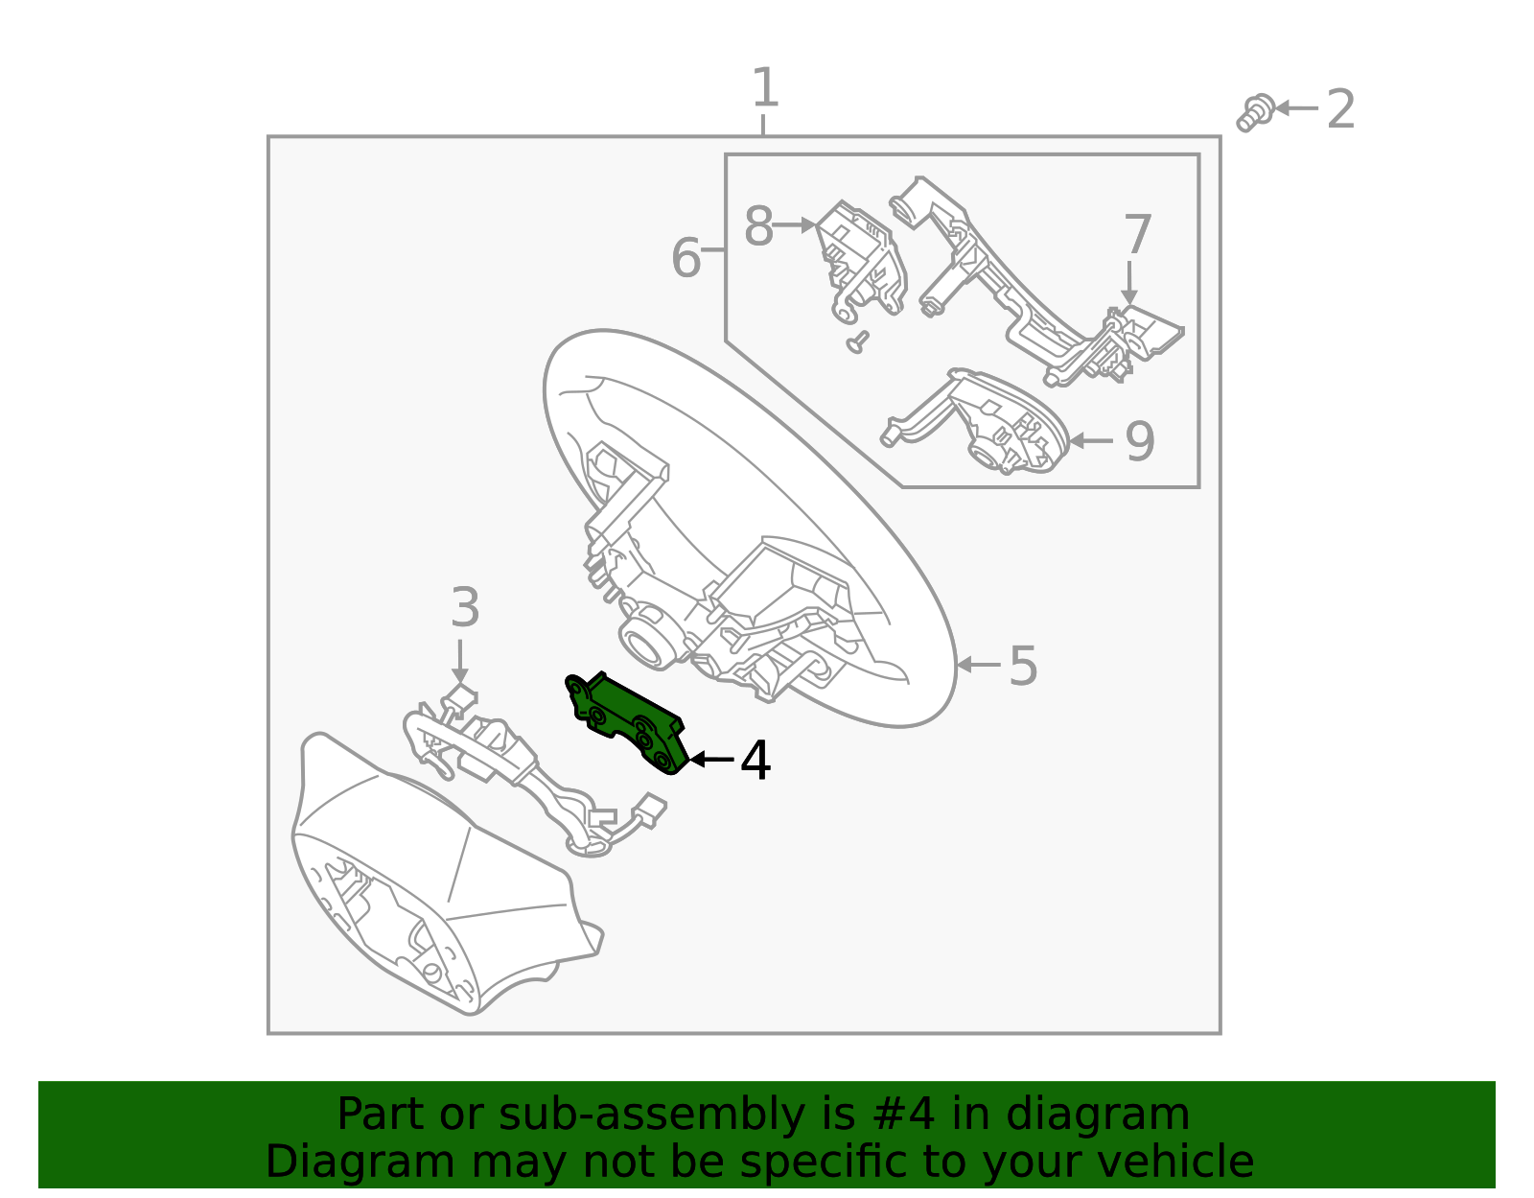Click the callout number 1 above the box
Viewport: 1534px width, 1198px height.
pos(764,88)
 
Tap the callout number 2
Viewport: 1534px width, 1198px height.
pos(1340,109)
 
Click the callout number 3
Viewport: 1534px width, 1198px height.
pos(465,608)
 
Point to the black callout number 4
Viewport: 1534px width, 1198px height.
pos(755,761)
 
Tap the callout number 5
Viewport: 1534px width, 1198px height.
pos(1023,666)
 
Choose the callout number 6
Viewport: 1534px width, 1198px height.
pos(686,258)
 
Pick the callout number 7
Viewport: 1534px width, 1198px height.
pos(1137,235)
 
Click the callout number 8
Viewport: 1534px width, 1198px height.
pos(758,227)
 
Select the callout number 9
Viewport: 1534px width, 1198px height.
pos(1139,441)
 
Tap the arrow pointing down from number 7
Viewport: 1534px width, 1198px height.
pos(1130,283)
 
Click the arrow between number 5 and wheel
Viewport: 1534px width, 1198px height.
pos(978,664)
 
